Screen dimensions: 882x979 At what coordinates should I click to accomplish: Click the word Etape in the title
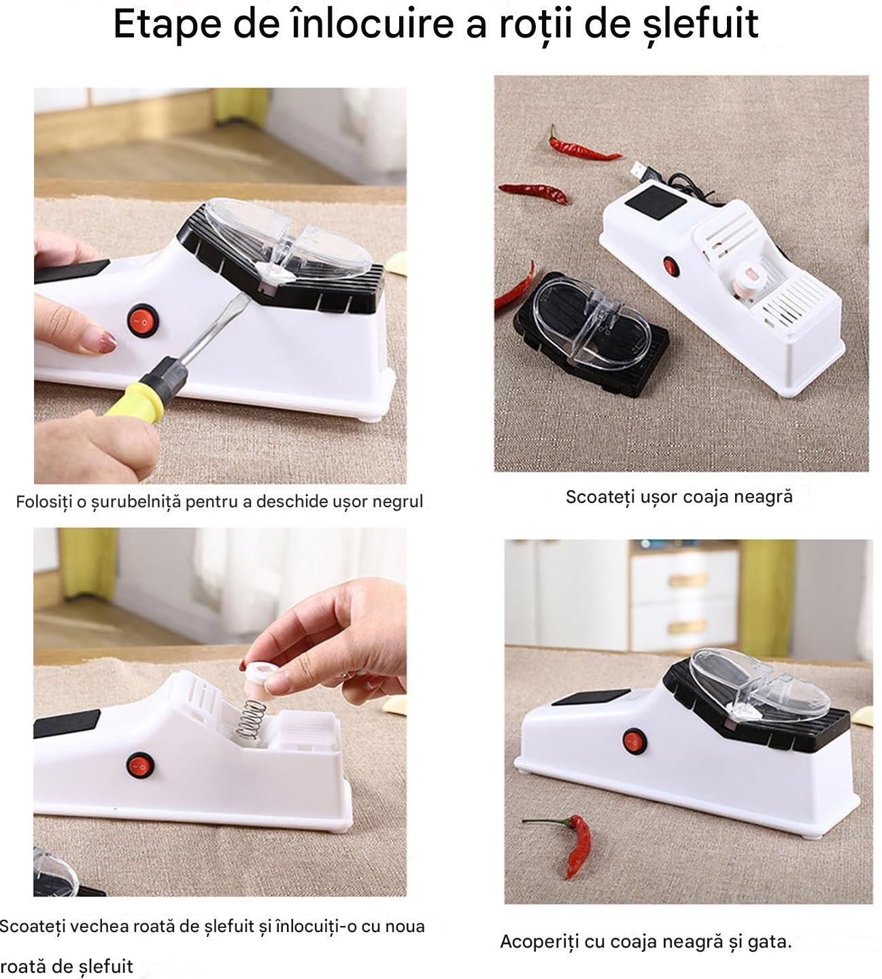[167, 24]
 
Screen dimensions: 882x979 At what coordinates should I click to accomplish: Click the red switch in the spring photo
[140, 766]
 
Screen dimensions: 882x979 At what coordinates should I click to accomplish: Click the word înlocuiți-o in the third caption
[308, 926]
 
